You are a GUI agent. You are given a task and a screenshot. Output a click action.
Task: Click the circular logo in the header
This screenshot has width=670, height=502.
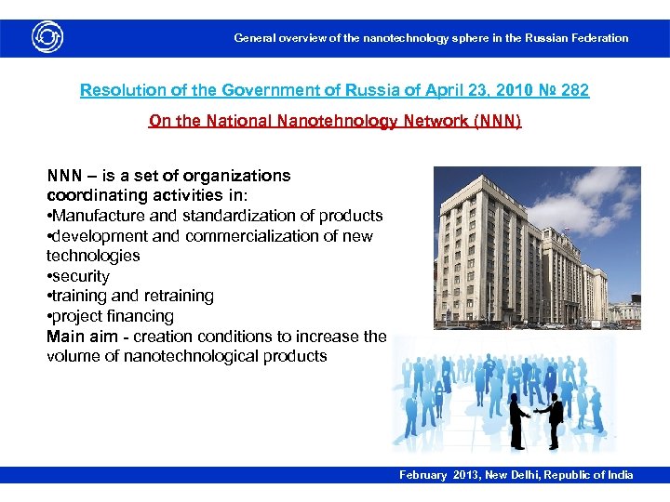[x=47, y=37]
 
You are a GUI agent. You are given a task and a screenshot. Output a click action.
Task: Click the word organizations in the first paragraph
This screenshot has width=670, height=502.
[x=237, y=176]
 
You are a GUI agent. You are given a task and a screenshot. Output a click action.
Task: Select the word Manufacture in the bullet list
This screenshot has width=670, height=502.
[x=97, y=216]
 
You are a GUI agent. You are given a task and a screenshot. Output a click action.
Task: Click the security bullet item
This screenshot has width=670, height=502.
[x=81, y=276]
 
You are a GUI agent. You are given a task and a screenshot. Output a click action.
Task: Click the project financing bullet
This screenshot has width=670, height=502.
[x=113, y=316]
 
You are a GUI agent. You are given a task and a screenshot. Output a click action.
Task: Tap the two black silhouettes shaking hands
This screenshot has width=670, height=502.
[x=536, y=417]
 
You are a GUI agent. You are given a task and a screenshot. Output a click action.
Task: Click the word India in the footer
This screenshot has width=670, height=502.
[x=619, y=475]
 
